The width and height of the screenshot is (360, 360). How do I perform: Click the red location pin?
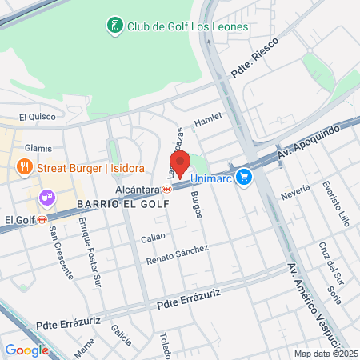point(180,163)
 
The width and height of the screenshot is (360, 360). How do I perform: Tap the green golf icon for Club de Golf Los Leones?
point(115,26)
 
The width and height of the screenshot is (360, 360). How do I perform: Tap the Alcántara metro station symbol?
point(166,190)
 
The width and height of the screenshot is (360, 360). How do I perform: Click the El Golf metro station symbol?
point(42,219)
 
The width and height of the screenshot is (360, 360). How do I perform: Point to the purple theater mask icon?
point(46,196)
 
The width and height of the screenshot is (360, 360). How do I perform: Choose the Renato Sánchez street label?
point(178,255)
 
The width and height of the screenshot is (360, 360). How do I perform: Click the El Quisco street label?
point(34,117)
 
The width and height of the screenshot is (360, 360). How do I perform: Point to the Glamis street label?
point(38,148)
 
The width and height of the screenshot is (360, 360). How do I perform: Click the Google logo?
point(26,350)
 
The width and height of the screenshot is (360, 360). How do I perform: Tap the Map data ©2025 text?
point(324,354)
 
